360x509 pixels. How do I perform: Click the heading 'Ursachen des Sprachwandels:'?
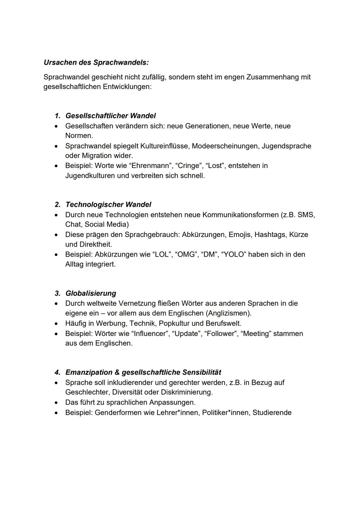click(x=96, y=62)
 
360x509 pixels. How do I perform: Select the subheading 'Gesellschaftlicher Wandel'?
click(x=110, y=116)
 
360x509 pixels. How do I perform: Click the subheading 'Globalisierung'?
click(x=91, y=293)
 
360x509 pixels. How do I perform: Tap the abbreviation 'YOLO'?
click(x=233, y=254)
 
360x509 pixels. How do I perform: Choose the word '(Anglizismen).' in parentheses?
click(x=229, y=313)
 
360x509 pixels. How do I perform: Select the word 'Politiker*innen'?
click(x=225, y=413)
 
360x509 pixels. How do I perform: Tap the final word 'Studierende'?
click(x=272, y=413)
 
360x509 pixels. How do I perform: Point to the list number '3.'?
click(x=58, y=293)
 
